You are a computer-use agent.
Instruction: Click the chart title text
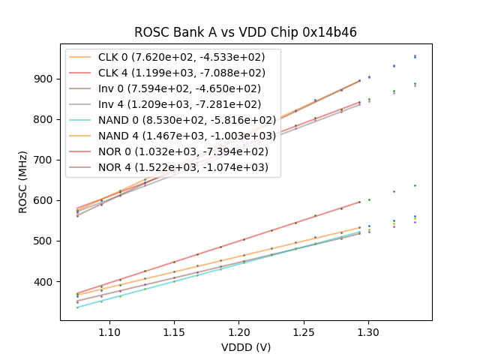245,32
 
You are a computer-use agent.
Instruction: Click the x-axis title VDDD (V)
245,347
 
